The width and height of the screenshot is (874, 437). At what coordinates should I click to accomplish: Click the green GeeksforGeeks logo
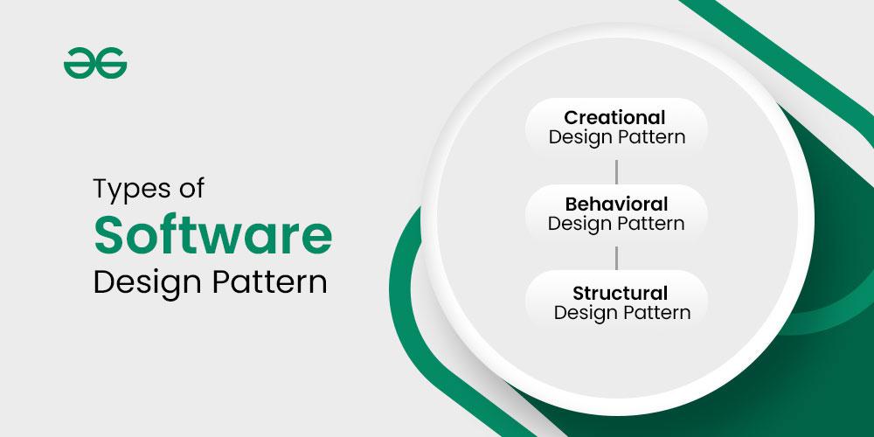click(95, 65)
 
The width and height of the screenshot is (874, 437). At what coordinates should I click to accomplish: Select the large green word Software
click(213, 235)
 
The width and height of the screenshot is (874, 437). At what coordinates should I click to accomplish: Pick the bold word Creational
click(614, 117)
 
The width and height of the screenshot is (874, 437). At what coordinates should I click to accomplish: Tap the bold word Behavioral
click(616, 204)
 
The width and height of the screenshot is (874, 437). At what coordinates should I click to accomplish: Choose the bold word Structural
click(620, 293)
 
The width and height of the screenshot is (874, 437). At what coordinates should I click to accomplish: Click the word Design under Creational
click(579, 137)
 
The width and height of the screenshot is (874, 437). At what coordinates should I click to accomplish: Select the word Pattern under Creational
click(651, 136)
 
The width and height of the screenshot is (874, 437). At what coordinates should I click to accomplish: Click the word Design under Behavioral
click(579, 224)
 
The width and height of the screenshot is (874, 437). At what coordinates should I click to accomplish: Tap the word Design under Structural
click(585, 313)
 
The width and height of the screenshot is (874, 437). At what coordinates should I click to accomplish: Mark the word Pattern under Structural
click(656, 312)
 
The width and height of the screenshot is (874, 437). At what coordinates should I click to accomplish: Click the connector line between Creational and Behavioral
click(616, 170)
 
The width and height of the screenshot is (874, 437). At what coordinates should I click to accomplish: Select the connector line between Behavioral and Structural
click(616, 258)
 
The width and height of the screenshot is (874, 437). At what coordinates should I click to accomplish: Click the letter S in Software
click(108, 235)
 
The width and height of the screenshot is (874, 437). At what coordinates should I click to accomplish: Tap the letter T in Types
click(101, 190)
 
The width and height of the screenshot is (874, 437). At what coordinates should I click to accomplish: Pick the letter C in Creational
click(571, 117)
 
